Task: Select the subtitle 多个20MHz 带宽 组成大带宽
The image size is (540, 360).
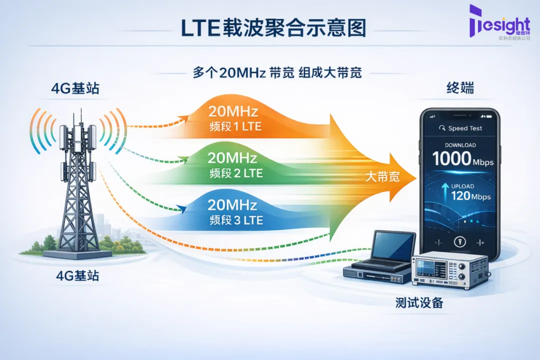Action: (277, 72)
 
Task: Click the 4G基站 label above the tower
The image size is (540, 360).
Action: (75, 89)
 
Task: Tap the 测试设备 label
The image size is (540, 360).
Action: (419, 302)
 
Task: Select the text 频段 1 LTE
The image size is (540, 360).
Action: (235, 126)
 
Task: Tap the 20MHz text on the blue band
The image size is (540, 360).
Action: (232, 205)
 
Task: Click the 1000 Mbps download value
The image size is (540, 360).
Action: (462, 159)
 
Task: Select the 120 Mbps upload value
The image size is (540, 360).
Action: (470, 195)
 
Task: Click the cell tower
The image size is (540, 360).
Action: (77, 185)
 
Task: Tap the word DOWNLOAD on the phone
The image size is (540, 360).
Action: (460, 145)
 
